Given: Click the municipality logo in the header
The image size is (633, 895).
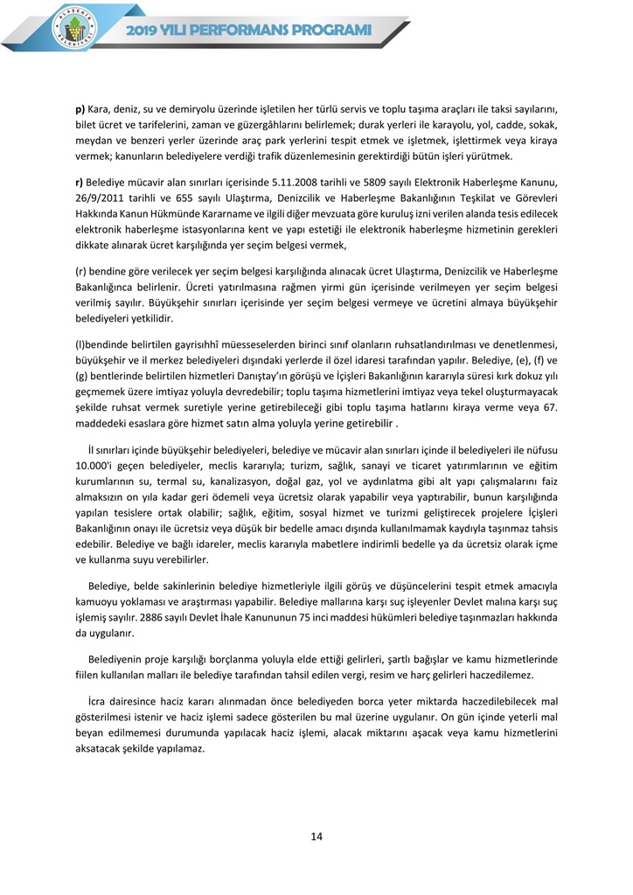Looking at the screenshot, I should [x=75, y=27].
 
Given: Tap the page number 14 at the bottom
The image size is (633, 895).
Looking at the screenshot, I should [x=316, y=836].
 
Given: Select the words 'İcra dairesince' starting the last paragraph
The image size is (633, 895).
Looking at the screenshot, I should [x=126, y=702].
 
